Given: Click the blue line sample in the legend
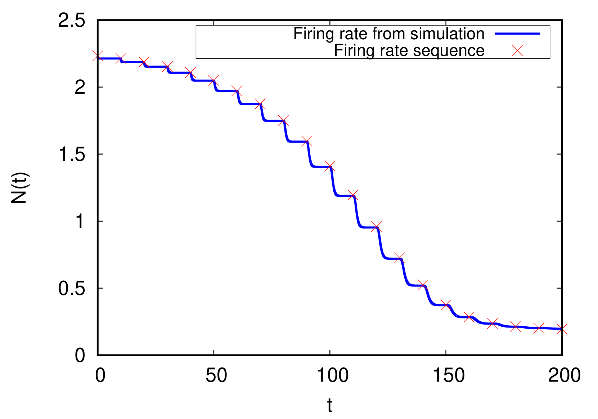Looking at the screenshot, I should tap(517, 34).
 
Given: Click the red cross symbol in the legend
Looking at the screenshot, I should tap(517, 50).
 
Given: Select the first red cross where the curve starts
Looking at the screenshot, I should tap(98, 56).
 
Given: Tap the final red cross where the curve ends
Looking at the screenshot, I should tap(562, 329).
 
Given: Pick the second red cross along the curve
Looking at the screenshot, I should tap(121, 58).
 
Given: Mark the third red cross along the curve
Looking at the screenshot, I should tap(144, 62).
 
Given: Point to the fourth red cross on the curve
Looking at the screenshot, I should tap(167, 67).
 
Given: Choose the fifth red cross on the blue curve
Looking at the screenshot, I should tap(190, 72).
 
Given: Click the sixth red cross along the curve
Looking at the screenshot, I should tap(213, 80).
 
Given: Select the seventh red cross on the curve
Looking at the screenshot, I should tap(237, 91).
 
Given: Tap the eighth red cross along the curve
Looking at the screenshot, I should tap(260, 104).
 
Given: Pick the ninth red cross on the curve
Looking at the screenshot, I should tap(283, 120).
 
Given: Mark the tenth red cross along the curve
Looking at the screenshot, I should tap(306, 141).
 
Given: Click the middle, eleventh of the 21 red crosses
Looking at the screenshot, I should tap(330, 166).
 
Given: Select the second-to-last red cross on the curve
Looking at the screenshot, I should tap(539, 328).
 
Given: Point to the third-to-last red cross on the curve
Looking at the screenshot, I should tap(516, 326).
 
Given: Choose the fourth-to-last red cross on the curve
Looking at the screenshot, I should tap(492, 323).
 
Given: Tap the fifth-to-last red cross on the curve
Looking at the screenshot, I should tap(469, 317).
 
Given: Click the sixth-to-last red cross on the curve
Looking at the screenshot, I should tap(446, 305).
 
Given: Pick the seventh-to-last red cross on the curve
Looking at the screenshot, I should tap(423, 285).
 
